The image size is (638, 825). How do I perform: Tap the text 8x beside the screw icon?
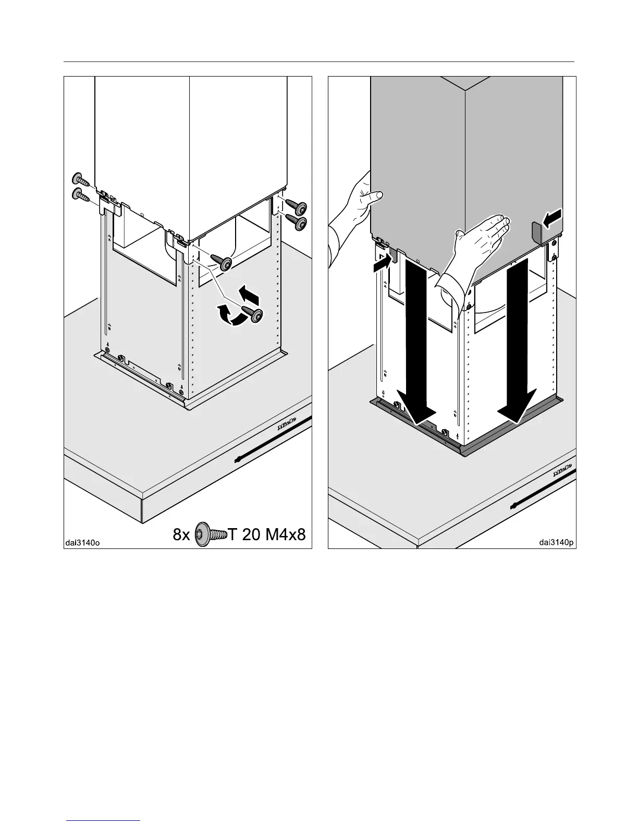coord(182,535)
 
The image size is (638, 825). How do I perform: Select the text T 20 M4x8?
coord(267,535)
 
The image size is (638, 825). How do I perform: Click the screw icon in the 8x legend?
coord(211,535)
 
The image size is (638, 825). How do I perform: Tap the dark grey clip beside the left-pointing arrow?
coord(537,231)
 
